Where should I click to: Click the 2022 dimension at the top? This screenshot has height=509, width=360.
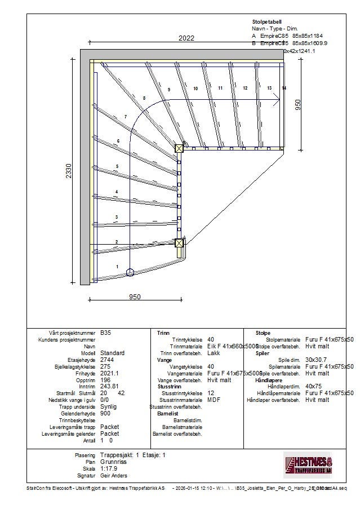pos(186,38)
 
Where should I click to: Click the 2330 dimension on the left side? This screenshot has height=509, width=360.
pos(69,171)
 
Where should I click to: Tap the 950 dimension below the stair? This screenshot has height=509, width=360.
pos(135,297)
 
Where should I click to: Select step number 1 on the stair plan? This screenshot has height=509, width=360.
pos(117,266)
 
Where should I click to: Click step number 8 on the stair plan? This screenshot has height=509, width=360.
pos(144,98)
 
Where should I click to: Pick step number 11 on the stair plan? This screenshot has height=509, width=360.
pos(220,88)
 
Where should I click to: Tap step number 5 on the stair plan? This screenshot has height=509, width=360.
pos(117,166)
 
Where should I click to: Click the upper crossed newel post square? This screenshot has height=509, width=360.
pos(179,148)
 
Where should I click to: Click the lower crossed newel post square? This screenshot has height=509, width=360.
pos(179,244)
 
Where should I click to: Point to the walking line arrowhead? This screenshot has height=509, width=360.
pos(277,100)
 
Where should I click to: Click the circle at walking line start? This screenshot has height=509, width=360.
pos(130,273)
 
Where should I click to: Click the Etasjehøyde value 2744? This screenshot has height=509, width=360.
pos(106,360)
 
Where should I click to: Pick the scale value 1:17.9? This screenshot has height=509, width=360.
pos(109,468)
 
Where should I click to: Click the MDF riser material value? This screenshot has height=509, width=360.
pos(214,400)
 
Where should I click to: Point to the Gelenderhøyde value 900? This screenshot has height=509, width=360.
pos(105,413)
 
